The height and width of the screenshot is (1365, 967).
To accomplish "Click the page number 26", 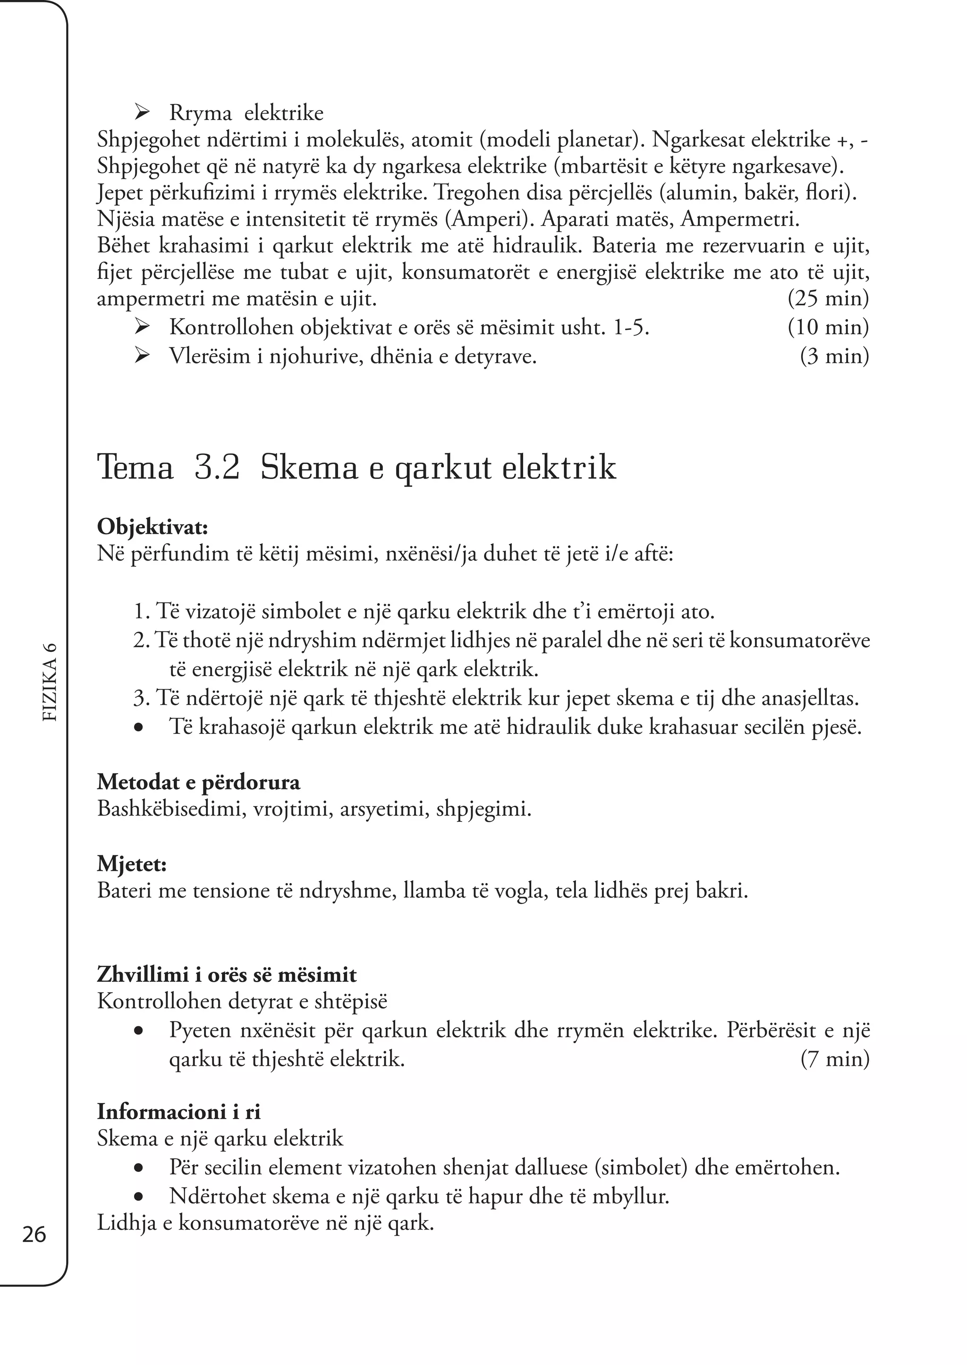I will coord(34,1235).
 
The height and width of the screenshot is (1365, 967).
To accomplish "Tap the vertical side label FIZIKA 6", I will coord(51,682).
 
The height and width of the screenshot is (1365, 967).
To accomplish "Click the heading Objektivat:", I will coord(153,527).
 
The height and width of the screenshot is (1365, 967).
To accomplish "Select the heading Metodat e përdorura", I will coord(198,782).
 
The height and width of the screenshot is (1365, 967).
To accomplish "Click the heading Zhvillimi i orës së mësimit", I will coord(226,975).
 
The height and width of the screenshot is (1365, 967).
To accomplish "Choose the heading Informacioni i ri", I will coord(178,1112).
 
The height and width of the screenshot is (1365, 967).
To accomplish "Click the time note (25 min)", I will coord(828,298).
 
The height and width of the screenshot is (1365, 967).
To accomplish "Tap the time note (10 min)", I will coord(828,327).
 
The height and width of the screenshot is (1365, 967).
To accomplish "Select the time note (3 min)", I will coord(834,356).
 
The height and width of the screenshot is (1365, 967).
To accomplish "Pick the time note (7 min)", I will coord(834,1059).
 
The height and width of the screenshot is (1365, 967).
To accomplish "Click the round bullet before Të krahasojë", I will coord(139,728).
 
